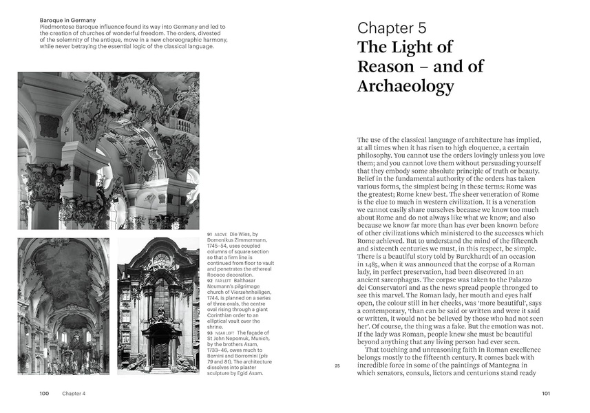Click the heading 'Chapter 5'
[x=392, y=28]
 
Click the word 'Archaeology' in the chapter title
[x=405, y=86]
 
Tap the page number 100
[x=43, y=394]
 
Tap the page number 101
[x=545, y=394]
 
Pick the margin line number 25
[x=337, y=366]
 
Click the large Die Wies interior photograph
[x=108, y=150]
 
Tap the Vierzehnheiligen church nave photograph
[x=63, y=306]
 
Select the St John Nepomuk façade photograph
[x=158, y=306]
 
